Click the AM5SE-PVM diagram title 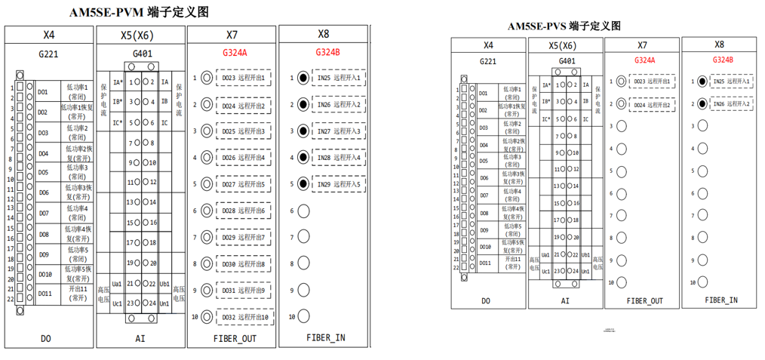tap(139, 13)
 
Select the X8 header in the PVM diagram tap(323, 34)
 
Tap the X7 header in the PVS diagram tap(642, 45)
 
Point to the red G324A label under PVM tap(235, 53)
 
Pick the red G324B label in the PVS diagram tap(722, 60)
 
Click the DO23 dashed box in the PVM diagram tap(244, 78)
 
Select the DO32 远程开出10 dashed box tap(244, 317)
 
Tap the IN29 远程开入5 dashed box tap(337, 183)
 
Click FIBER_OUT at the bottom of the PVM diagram tap(235, 339)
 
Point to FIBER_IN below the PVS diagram tap(722, 300)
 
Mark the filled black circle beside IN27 tap(303, 131)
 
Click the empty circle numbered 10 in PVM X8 tap(303, 317)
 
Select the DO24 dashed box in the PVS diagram tap(651, 105)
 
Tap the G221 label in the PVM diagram tap(48, 54)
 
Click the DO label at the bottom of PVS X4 tap(486, 300)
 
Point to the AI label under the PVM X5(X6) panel tap(140, 339)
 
